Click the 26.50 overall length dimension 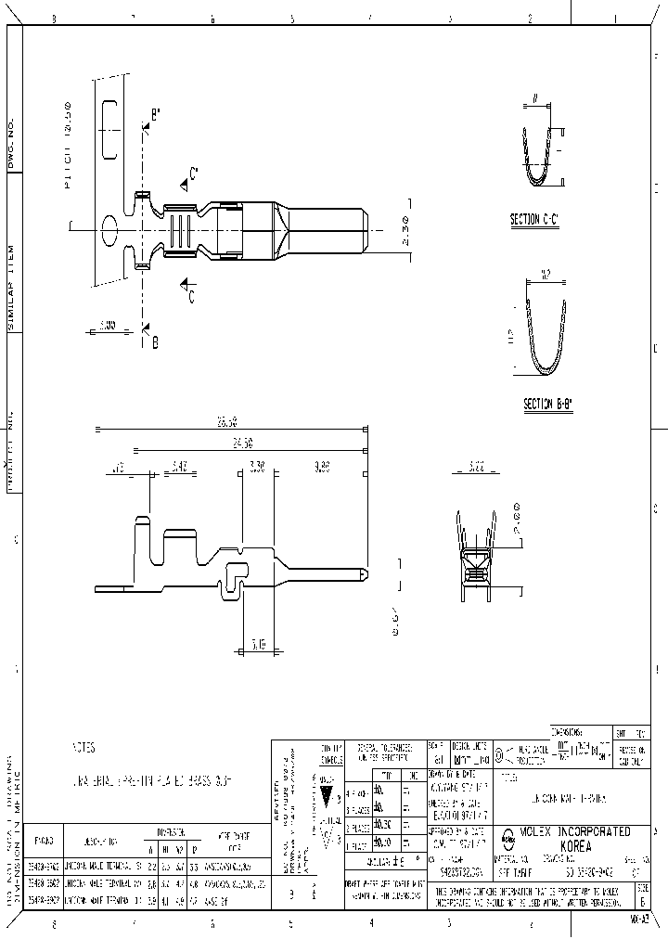tap(226, 422)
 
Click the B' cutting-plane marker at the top tap(154, 116)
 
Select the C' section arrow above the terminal tap(188, 175)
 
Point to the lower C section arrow tap(188, 291)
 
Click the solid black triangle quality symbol tap(326, 792)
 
